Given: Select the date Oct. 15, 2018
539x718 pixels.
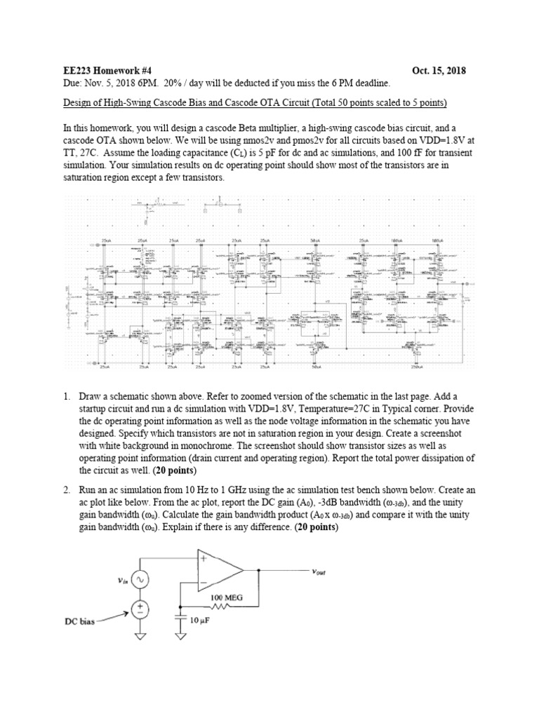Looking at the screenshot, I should [439, 71].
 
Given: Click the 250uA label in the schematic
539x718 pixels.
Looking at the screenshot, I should [436, 367].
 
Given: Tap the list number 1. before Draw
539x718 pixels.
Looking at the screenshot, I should [67, 396].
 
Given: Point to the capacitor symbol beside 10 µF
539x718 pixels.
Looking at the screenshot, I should [181, 619].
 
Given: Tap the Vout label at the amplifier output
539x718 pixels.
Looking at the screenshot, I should [324, 571].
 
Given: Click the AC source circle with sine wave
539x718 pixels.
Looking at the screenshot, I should [142, 581].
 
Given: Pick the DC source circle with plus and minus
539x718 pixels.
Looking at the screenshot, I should [142, 609].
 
